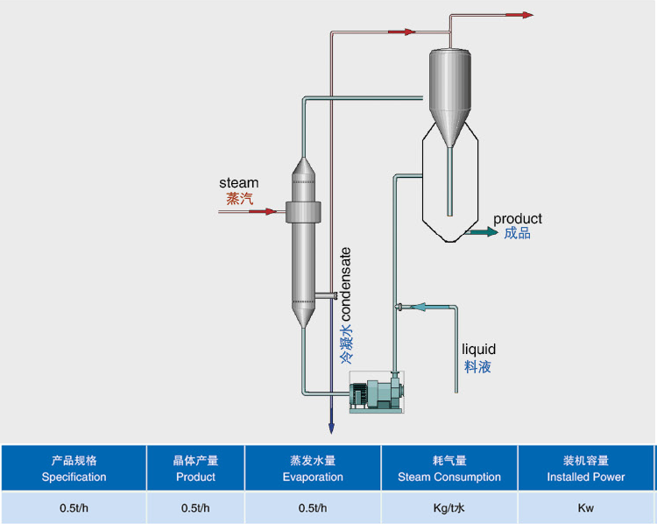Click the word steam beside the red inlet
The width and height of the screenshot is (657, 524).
click(x=238, y=183)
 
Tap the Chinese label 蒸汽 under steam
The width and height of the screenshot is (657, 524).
click(x=239, y=199)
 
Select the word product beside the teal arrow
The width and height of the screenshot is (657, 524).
click(x=517, y=218)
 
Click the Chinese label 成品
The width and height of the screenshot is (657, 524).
click(x=517, y=233)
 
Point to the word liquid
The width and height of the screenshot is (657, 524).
click(x=478, y=351)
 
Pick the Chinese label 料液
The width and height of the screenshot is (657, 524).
click(x=477, y=366)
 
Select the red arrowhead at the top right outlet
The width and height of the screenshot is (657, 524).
click(x=526, y=15)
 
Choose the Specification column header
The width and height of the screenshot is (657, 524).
click(x=74, y=469)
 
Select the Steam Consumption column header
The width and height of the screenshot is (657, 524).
click(x=449, y=469)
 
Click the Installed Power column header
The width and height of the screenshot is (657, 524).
click(x=586, y=469)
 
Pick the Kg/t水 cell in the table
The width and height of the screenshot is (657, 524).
click(x=449, y=507)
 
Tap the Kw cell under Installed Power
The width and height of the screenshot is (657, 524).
click(x=586, y=507)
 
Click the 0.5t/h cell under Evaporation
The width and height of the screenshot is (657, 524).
click(x=313, y=507)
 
